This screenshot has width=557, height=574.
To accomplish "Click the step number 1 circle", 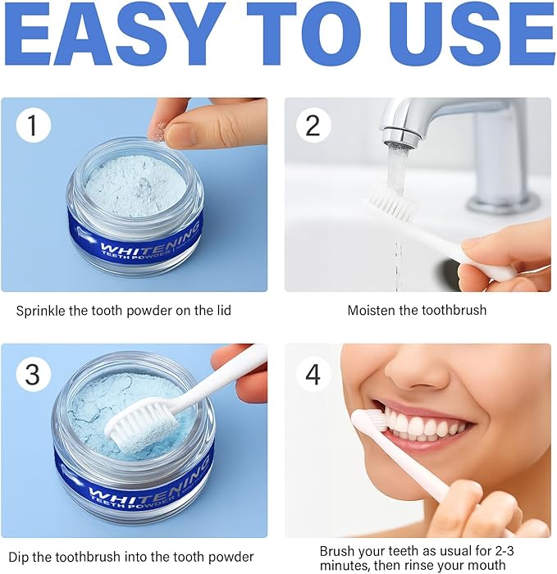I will point(34,126).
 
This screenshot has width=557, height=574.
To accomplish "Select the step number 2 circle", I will point(313,126).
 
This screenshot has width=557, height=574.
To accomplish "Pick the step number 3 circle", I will point(34,374).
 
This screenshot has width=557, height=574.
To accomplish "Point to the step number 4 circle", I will point(313,374).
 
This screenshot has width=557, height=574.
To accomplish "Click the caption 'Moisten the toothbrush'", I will point(417,310).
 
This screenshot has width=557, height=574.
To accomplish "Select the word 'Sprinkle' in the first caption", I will point(41,310).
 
